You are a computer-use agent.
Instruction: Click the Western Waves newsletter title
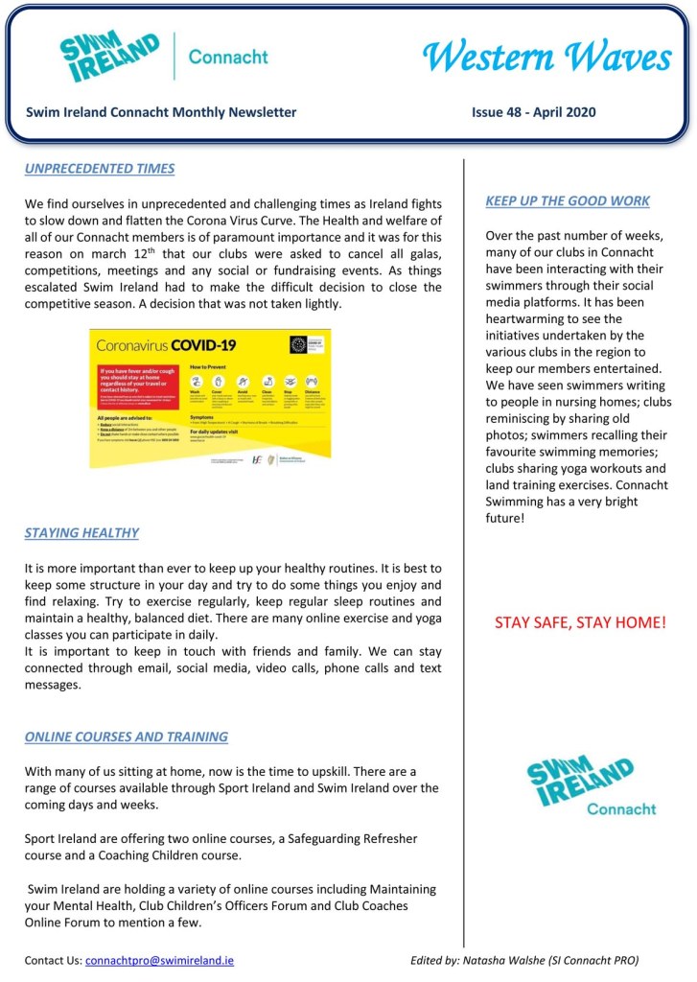point(546,58)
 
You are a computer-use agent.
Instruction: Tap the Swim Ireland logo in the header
point(109,58)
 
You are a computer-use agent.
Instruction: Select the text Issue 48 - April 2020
point(533,112)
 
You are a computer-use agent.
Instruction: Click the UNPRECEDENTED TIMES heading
point(100,169)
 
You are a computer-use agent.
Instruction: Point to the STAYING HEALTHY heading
point(81,533)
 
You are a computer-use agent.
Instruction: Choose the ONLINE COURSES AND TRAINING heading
point(127,737)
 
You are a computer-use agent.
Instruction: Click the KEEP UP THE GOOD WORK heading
point(568,201)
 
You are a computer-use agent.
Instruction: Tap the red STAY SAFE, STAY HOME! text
point(580,623)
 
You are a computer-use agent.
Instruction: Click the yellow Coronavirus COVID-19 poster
point(210,398)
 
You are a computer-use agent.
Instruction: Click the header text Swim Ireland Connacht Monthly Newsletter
point(161,112)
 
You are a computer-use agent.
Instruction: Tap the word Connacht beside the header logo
point(228,58)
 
